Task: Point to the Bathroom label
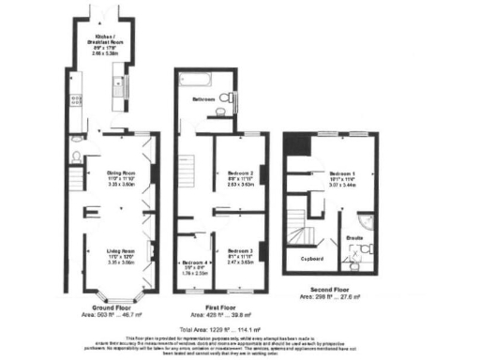pos(203,98)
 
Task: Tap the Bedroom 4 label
pos(195,262)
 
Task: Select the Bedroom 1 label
pos(339,175)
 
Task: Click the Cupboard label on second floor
pos(311,258)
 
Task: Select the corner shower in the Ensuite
pos(364,224)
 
